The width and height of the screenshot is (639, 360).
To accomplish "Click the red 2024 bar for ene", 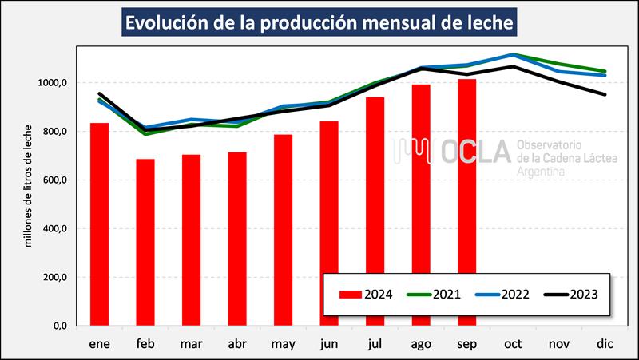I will tap(99, 224).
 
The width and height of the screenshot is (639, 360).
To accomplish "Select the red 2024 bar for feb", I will tap(145, 243).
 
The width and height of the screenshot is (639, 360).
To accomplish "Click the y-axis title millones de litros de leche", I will tap(29, 185).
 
